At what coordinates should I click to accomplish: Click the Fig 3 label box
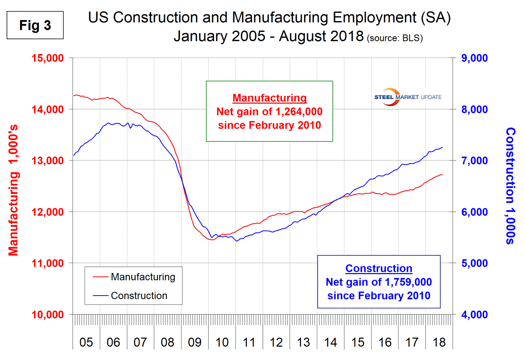tap(35, 25)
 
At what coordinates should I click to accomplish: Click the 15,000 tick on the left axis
tap(48, 58)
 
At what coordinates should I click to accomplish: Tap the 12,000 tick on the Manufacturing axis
tap(48, 212)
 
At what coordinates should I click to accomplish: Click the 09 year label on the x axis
tap(194, 342)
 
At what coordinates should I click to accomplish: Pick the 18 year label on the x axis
tap(439, 342)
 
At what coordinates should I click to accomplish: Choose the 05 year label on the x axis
tap(86, 342)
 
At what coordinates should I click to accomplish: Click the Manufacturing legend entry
tap(143, 277)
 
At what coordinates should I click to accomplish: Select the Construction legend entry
tap(139, 296)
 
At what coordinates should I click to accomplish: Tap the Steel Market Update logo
tap(408, 97)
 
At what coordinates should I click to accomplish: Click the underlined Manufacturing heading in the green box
tap(270, 98)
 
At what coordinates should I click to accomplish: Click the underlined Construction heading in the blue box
tap(379, 268)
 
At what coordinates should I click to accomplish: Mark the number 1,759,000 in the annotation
tap(408, 282)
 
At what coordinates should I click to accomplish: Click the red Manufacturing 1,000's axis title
tap(13, 190)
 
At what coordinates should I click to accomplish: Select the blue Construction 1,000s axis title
tap(510, 186)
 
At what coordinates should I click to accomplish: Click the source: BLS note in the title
tap(394, 38)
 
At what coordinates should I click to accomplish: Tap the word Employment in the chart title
tap(374, 17)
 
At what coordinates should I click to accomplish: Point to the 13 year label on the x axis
tap(303, 342)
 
